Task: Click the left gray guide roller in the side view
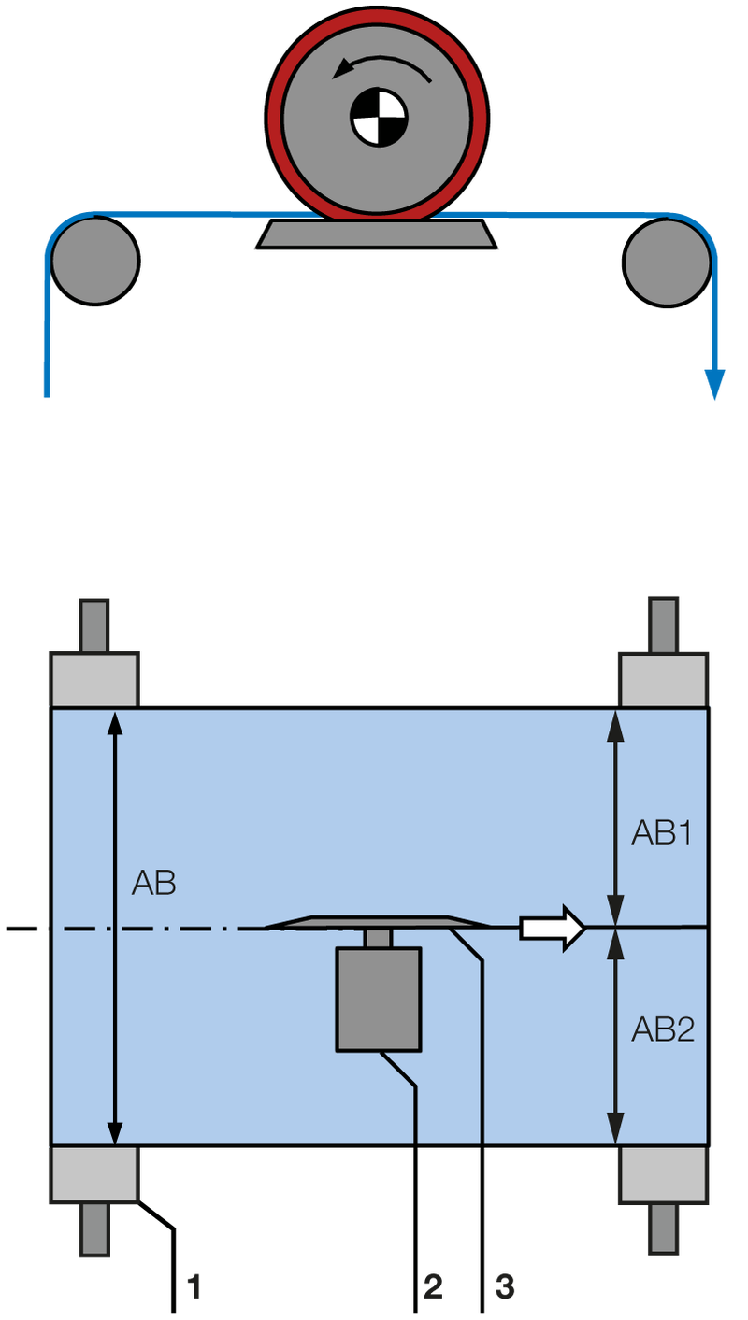point(94,260)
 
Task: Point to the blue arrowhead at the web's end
point(715,384)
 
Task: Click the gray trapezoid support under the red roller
point(377,234)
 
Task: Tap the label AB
point(153,883)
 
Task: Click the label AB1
point(661,833)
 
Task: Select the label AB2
point(662,1029)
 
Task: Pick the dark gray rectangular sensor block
point(379,999)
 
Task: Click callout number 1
point(194,1288)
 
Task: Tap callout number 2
point(433,1288)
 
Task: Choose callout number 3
point(504,1288)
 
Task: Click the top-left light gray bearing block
point(93,680)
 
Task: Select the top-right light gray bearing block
point(663,680)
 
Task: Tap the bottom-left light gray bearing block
point(93,1174)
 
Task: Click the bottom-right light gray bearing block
point(663,1174)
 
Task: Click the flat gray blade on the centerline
point(379,922)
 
